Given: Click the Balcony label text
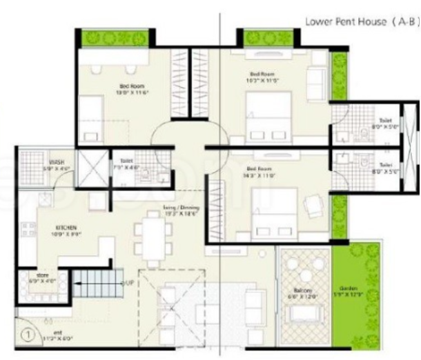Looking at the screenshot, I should (x=305, y=290).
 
